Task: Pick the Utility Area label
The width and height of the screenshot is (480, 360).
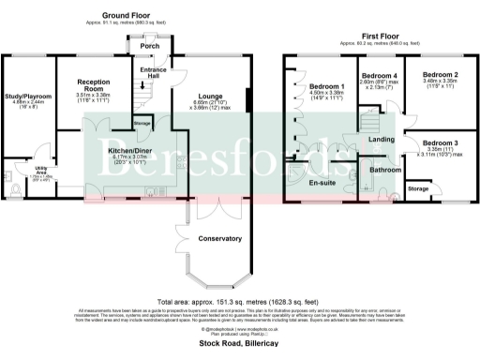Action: click(x=15, y=170)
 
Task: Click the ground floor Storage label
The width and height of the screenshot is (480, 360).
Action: click(x=142, y=122)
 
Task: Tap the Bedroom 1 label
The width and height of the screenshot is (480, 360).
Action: click(x=326, y=86)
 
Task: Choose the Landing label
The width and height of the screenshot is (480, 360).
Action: click(x=381, y=140)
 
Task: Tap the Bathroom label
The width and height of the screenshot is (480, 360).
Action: click(x=384, y=170)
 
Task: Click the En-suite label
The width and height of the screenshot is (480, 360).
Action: click(x=321, y=184)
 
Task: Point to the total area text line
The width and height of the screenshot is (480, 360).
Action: click(x=240, y=301)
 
